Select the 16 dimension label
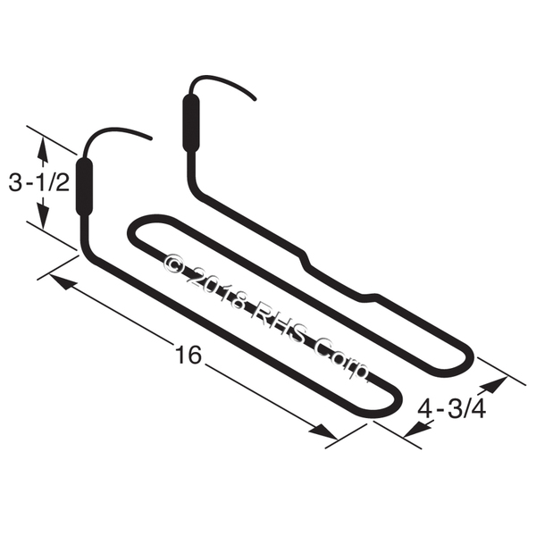point(188,355)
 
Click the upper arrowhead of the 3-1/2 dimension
point(43,148)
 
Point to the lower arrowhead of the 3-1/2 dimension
point(43,215)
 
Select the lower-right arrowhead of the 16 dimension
point(323,431)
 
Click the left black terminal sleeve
point(84,187)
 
